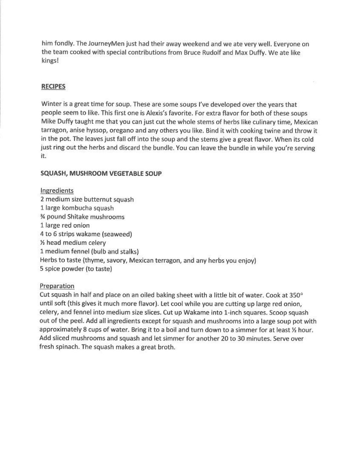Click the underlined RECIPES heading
[53, 87]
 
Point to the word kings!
[50, 61]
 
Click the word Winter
[50, 105]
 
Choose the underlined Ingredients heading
[57, 191]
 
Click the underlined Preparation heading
[57, 286]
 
